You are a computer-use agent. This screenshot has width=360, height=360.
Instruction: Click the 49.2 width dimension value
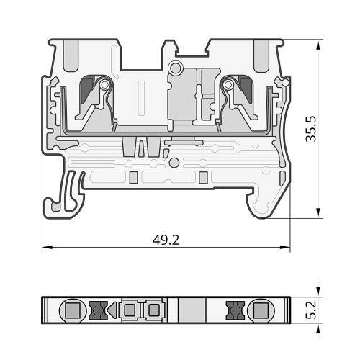pyautogui.click(x=166, y=240)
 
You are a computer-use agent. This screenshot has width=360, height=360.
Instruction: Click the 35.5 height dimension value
pyautogui.click(x=312, y=129)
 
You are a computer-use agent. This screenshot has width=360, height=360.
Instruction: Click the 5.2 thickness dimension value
pyautogui.click(x=312, y=310)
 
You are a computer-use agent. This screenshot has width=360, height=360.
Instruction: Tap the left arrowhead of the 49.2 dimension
pyautogui.click(x=48, y=247)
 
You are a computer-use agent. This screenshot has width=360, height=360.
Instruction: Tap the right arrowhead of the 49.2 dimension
pyautogui.click(x=285, y=247)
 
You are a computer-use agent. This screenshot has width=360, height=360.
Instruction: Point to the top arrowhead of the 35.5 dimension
pyautogui.click(x=318, y=45)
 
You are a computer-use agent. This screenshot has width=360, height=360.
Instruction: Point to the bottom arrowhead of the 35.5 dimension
pyautogui.click(x=318, y=213)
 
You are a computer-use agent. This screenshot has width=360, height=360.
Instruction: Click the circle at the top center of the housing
pyautogui.click(x=176, y=68)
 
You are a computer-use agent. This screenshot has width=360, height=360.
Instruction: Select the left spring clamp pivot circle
pyautogui.click(x=104, y=85)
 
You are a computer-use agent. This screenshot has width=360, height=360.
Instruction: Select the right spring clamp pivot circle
pyautogui.click(x=228, y=84)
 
